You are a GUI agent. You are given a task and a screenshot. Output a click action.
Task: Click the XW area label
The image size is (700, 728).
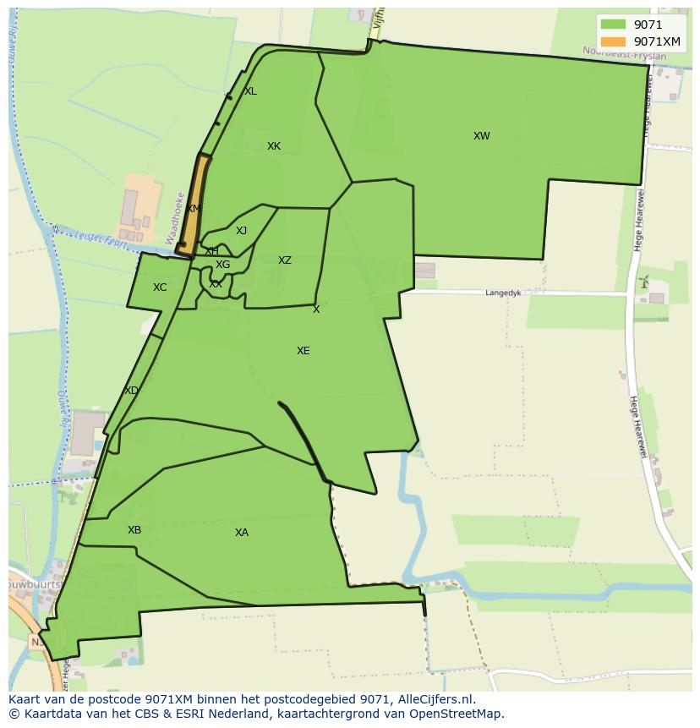point(481,136)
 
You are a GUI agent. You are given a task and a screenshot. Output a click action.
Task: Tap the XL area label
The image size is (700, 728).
point(250,91)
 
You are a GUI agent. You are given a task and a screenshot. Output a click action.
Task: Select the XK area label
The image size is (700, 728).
point(273,146)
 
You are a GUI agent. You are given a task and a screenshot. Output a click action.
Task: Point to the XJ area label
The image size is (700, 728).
point(241,231)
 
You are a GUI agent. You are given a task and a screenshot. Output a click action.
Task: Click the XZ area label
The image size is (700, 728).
point(285,260)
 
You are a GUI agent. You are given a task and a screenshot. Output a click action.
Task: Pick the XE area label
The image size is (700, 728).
point(303,351)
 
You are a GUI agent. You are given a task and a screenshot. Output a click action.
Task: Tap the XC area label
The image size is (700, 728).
point(160,287)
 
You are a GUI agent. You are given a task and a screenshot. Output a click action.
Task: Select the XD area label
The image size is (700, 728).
point(131,391)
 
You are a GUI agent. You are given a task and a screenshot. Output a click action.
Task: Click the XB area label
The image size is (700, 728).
point(134,530)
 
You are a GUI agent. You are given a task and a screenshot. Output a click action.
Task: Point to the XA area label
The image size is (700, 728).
point(242,533)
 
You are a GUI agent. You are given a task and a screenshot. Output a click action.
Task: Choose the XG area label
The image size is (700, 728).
point(222,265)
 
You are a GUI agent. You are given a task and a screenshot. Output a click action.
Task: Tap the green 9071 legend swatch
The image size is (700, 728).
point(613,25)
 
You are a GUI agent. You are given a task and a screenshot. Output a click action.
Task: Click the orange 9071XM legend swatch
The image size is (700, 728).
point(613,41)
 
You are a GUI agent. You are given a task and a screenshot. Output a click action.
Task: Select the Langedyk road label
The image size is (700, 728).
point(503,293)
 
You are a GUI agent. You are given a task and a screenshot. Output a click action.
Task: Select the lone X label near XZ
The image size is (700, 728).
point(316,309)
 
